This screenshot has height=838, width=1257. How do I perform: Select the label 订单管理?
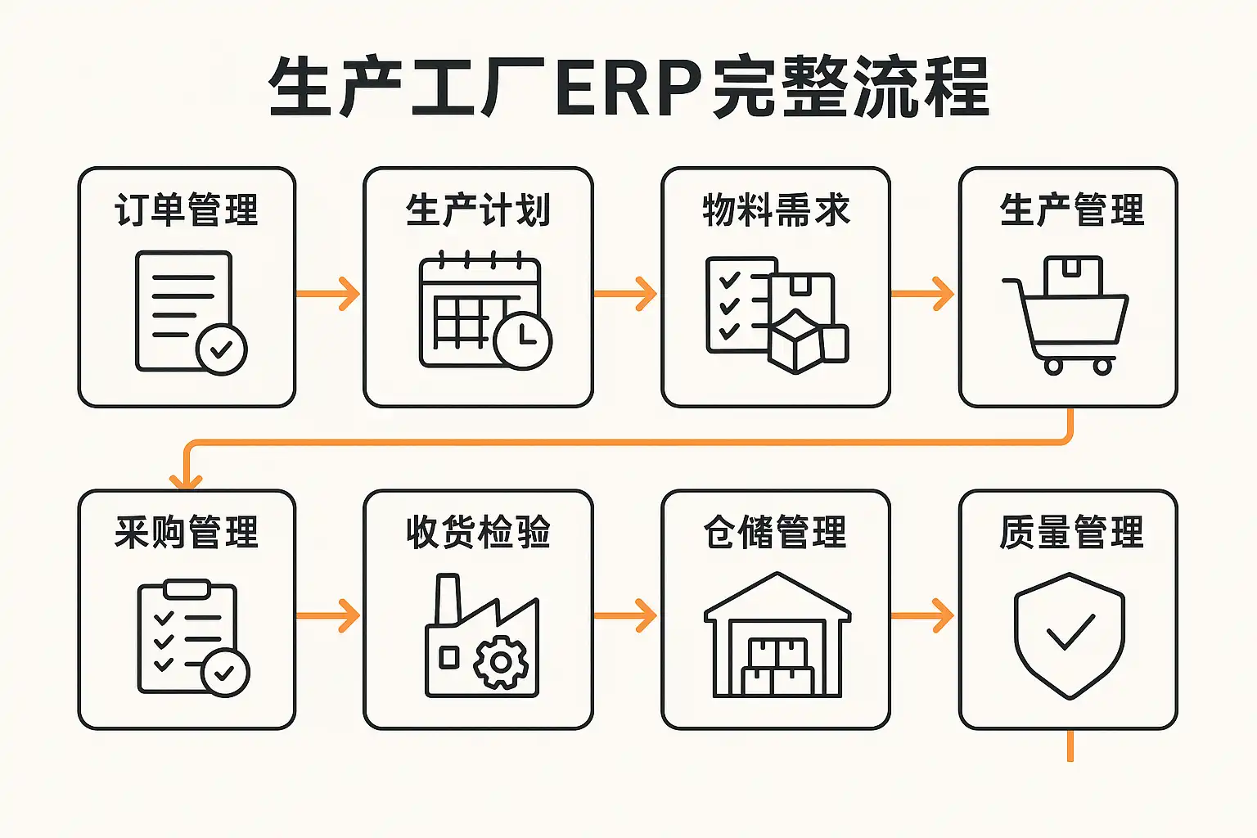(x=187, y=209)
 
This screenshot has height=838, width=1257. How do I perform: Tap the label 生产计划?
(x=478, y=209)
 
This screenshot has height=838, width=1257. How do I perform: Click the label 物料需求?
(x=776, y=209)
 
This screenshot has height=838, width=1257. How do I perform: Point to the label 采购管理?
(x=187, y=532)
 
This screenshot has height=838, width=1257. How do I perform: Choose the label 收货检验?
(x=478, y=532)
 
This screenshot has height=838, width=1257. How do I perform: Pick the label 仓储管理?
(x=776, y=532)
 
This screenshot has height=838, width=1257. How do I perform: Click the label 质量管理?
(x=1070, y=532)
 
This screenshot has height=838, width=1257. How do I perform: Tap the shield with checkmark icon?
(x=1070, y=635)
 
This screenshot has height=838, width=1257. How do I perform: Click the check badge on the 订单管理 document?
(x=221, y=349)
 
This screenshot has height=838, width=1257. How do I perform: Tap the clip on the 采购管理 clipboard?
(x=187, y=588)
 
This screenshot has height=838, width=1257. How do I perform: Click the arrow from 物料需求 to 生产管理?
(x=923, y=294)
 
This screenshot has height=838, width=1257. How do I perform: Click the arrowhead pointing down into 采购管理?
(x=186, y=480)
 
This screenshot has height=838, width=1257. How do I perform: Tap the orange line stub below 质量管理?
(x=1070, y=746)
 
